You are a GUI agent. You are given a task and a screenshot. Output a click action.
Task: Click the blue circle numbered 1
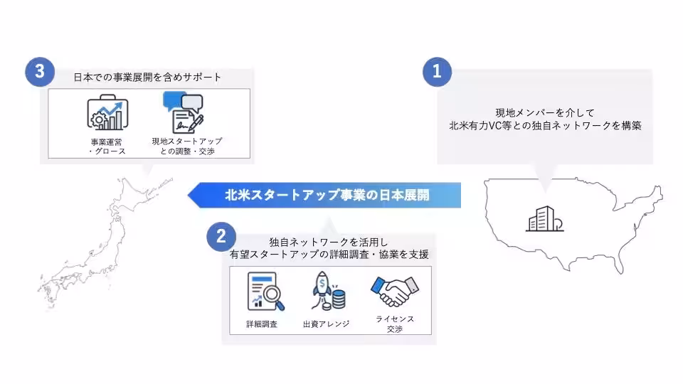(x=437, y=72)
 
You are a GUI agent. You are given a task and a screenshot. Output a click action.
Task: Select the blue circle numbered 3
(x=39, y=72)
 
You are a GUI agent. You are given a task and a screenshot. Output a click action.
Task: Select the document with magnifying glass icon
(x=265, y=292)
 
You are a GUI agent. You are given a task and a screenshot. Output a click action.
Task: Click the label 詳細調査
(x=262, y=324)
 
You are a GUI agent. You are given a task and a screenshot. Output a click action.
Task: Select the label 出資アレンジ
(x=326, y=324)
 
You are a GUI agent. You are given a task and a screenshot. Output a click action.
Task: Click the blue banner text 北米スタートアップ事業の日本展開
(x=327, y=195)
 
